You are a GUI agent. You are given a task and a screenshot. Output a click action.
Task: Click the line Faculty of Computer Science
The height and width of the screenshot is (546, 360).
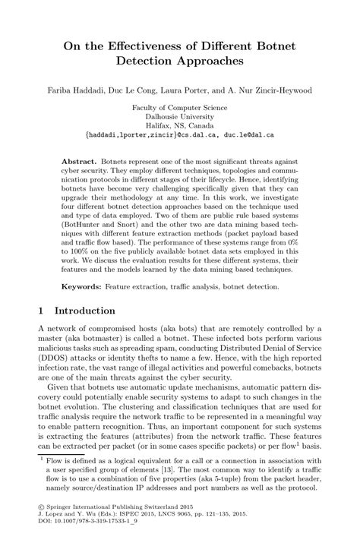[x=179, y=108]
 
